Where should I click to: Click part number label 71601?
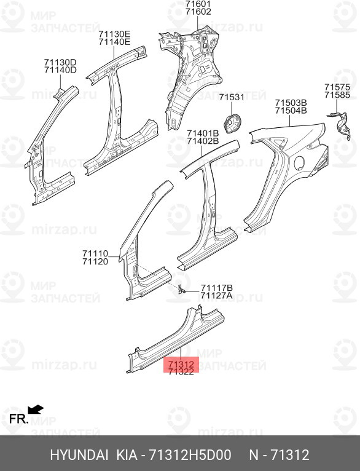(x=198, y=4)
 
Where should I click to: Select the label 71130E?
(x=115, y=33)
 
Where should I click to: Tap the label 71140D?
(x=60, y=70)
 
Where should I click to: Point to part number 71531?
(x=232, y=97)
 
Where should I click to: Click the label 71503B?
(x=291, y=103)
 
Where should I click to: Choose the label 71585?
(x=337, y=95)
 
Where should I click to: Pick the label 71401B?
(x=203, y=133)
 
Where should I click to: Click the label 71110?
(x=95, y=254)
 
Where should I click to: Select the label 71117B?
(x=216, y=288)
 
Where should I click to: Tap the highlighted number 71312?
(x=181, y=365)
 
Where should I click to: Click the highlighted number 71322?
(x=181, y=372)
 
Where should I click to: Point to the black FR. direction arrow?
(x=36, y=409)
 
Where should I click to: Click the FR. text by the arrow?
(x=18, y=419)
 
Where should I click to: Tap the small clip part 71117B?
(x=180, y=289)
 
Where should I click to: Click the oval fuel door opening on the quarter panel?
(x=299, y=162)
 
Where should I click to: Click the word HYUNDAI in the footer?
(x=79, y=455)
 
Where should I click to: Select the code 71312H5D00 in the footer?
(x=190, y=455)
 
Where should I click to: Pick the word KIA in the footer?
(x=127, y=455)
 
